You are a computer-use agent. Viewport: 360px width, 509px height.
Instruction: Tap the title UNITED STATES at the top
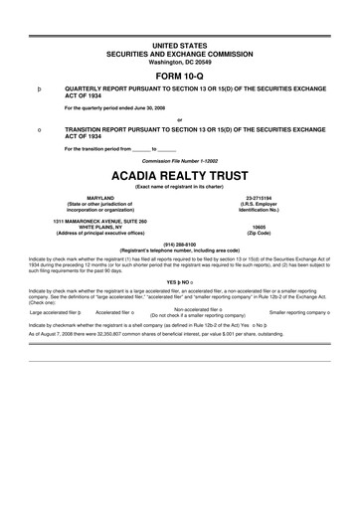pos(180,36)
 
